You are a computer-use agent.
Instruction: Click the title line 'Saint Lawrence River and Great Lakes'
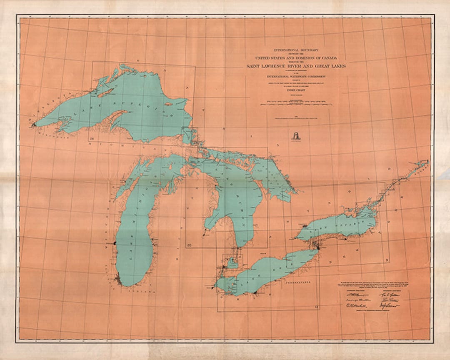coord(295,66)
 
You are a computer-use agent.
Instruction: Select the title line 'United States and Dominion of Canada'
coord(295,57)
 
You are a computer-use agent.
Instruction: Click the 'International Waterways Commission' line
coord(295,77)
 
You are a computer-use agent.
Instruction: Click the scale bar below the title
coord(295,103)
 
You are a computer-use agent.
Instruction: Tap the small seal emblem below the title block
coord(295,135)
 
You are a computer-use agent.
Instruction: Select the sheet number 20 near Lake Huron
coord(190,245)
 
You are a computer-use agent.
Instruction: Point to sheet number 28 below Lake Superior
coord(91,138)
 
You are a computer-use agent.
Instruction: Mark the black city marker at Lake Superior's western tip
coord(33,124)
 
